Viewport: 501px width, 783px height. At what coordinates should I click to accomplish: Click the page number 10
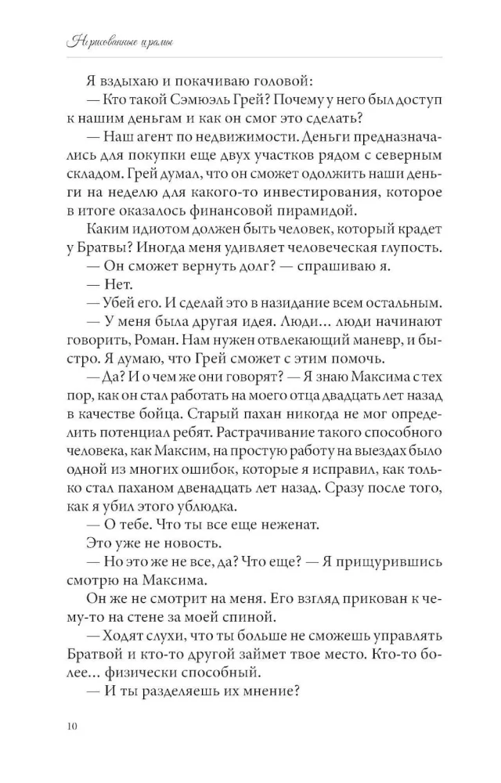73,727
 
